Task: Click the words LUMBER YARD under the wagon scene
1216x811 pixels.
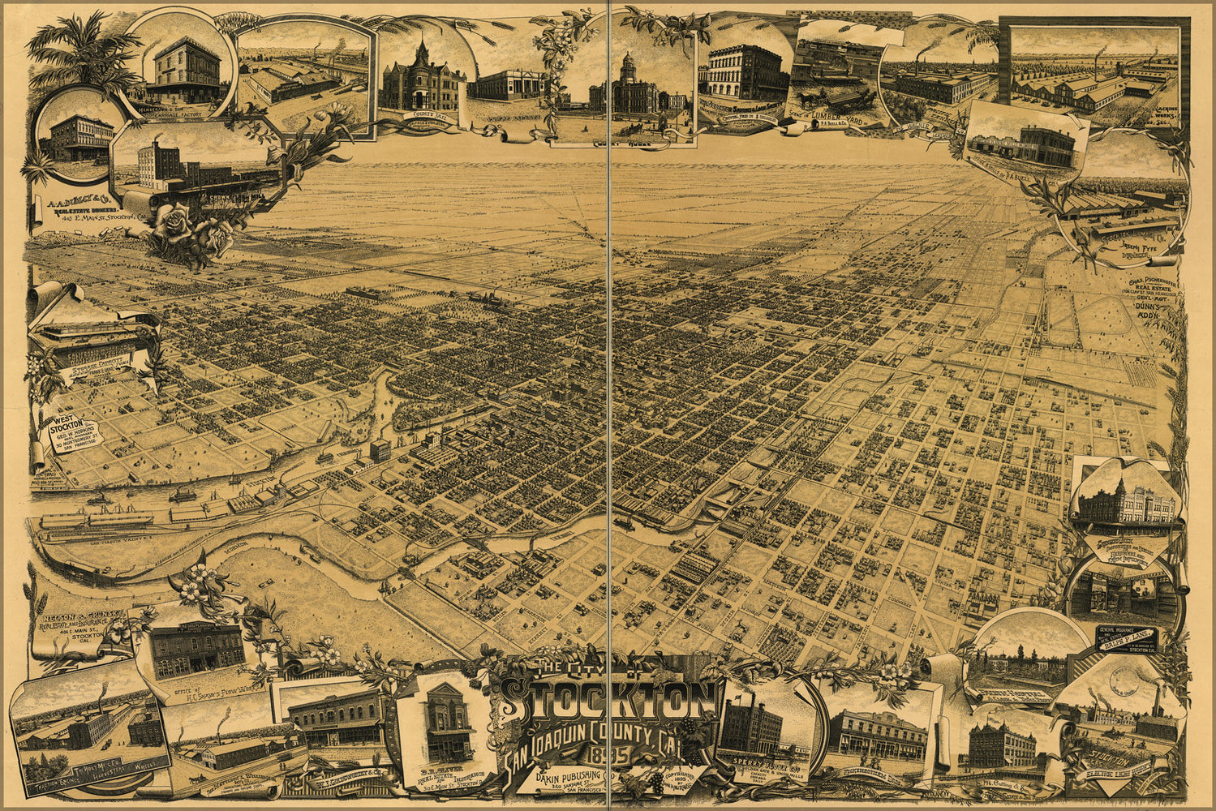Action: coord(835,115)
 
